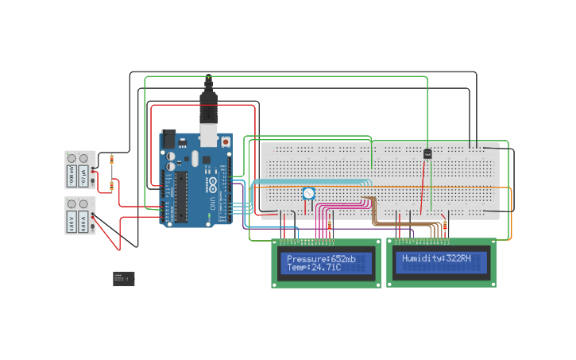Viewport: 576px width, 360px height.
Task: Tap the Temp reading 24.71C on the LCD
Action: (x=324, y=268)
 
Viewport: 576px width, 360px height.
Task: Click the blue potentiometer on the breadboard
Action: (x=308, y=193)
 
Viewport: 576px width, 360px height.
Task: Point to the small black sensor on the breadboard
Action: (x=427, y=153)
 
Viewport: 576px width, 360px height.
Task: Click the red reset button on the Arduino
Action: (x=226, y=141)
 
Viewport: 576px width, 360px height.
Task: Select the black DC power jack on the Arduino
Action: (x=168, y=138)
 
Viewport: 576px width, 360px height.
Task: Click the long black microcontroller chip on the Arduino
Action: (x=181, y=196)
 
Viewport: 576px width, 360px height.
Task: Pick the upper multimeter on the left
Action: (x=79, y=169)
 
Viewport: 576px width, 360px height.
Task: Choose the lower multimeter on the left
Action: (x=79, y=215)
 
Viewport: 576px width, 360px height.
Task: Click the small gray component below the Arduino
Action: (x=123, y=278)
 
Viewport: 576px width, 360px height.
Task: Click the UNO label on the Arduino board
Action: (x=211, y=203)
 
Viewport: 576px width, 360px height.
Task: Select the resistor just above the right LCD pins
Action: (x=445, y=226)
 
